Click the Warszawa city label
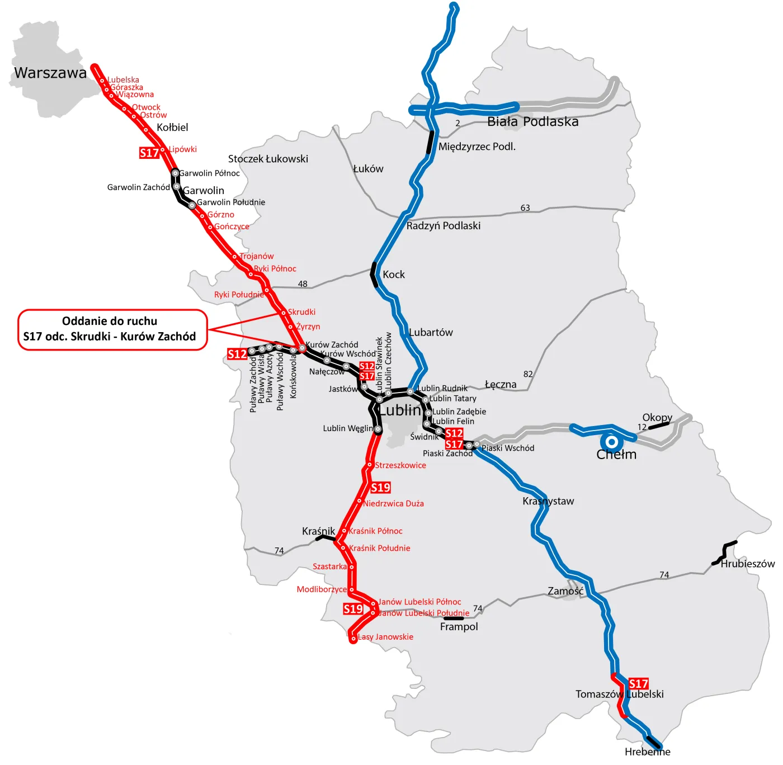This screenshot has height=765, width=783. [50, 73]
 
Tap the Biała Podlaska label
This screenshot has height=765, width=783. [532, 122]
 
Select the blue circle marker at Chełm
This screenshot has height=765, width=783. [612, 442]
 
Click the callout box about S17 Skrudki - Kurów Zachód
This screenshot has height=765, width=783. [112, 329]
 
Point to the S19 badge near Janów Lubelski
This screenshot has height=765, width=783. [353, 609]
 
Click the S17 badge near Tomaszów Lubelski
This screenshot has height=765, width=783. [638, 683]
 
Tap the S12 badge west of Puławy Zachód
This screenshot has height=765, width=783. [237, 354]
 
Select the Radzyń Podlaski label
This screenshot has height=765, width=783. [444, 226]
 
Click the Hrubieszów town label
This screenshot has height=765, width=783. [747, 564]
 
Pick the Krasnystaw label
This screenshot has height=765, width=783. [548, 501]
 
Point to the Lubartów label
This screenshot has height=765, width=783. [431, 332]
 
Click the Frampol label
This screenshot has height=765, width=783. [459, 627]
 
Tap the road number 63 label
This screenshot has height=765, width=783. [525, 208]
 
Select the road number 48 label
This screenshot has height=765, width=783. [303, 284]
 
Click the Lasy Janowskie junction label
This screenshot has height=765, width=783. [385, 637]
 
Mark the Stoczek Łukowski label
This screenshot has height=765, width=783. [268, 159]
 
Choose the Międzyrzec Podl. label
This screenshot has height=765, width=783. [477, 147]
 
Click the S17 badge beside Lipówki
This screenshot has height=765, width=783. [149, 153]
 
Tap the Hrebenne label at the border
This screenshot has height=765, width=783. [647, 752]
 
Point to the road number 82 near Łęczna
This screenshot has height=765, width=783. [528, 374]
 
